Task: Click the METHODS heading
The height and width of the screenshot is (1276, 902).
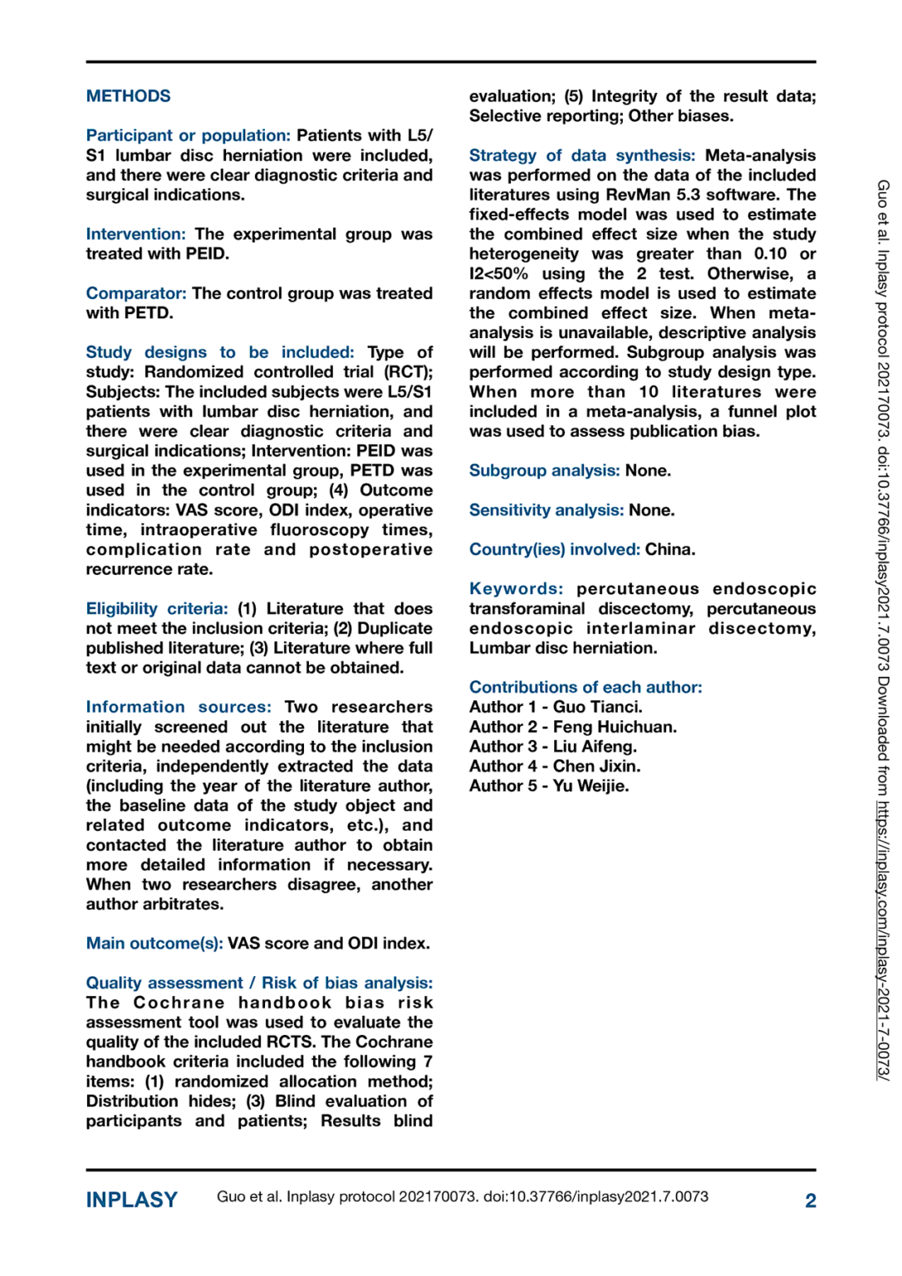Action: click(x=128, y=96)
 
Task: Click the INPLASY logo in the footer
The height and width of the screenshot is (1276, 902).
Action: click(x=131, y=1200)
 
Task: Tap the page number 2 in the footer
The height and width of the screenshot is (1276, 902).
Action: click(x=810, y=1200)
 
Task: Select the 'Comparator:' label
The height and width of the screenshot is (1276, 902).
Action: click(x=136, y=293)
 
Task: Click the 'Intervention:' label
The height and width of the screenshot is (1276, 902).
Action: click(x=135, y=234)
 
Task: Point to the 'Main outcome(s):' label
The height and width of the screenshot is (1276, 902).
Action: click(x=154, y=944)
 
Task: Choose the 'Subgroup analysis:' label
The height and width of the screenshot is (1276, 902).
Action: click(x=544, y=471)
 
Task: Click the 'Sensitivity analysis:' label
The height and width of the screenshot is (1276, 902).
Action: click(x=546, y=510)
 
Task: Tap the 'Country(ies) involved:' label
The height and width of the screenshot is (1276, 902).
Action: click(x=554, y=550)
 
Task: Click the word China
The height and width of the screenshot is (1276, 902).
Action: click(x=670, y=550)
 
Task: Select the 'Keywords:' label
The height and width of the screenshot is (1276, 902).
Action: click(x=516, y=589)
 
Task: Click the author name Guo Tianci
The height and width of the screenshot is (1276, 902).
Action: click(x=597, y=707)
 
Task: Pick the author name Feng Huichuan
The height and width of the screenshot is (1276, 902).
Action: click(x=615, y=727)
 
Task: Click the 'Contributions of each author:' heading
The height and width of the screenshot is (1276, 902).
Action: click(x=586, y=687)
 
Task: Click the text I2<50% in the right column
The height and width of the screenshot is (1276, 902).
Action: click(x=498, y=274)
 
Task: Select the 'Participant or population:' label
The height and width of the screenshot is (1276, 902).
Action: click(x=188, y=135)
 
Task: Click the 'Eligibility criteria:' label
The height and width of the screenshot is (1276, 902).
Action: click(x=157, y=609)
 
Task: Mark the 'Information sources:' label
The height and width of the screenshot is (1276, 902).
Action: click(x=179, y=707)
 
